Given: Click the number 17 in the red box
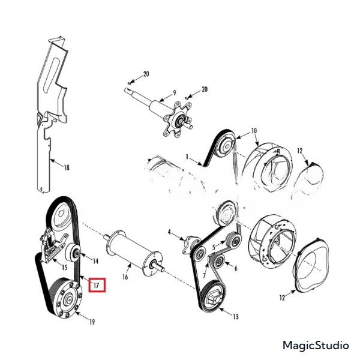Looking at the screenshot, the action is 97,286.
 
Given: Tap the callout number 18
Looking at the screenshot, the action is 67,168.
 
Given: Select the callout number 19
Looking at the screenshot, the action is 92,322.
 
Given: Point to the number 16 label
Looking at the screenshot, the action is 125,277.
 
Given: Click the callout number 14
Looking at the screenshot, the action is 95,261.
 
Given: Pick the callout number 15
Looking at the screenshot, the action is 65,268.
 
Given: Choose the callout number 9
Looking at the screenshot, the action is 175,93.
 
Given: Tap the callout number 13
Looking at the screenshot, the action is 236,317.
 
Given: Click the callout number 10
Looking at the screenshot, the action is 254,131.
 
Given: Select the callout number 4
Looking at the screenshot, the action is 169,232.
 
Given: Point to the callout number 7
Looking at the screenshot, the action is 205,275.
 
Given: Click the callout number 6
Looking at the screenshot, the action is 236,268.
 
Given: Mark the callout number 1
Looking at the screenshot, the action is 187,157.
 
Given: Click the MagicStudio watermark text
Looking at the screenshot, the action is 316,346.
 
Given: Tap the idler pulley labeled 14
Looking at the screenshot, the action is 73,253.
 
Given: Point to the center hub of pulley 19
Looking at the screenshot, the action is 68,299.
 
